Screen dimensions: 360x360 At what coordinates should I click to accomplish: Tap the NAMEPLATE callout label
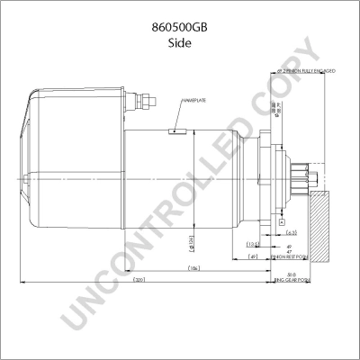(x=198, y=101)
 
